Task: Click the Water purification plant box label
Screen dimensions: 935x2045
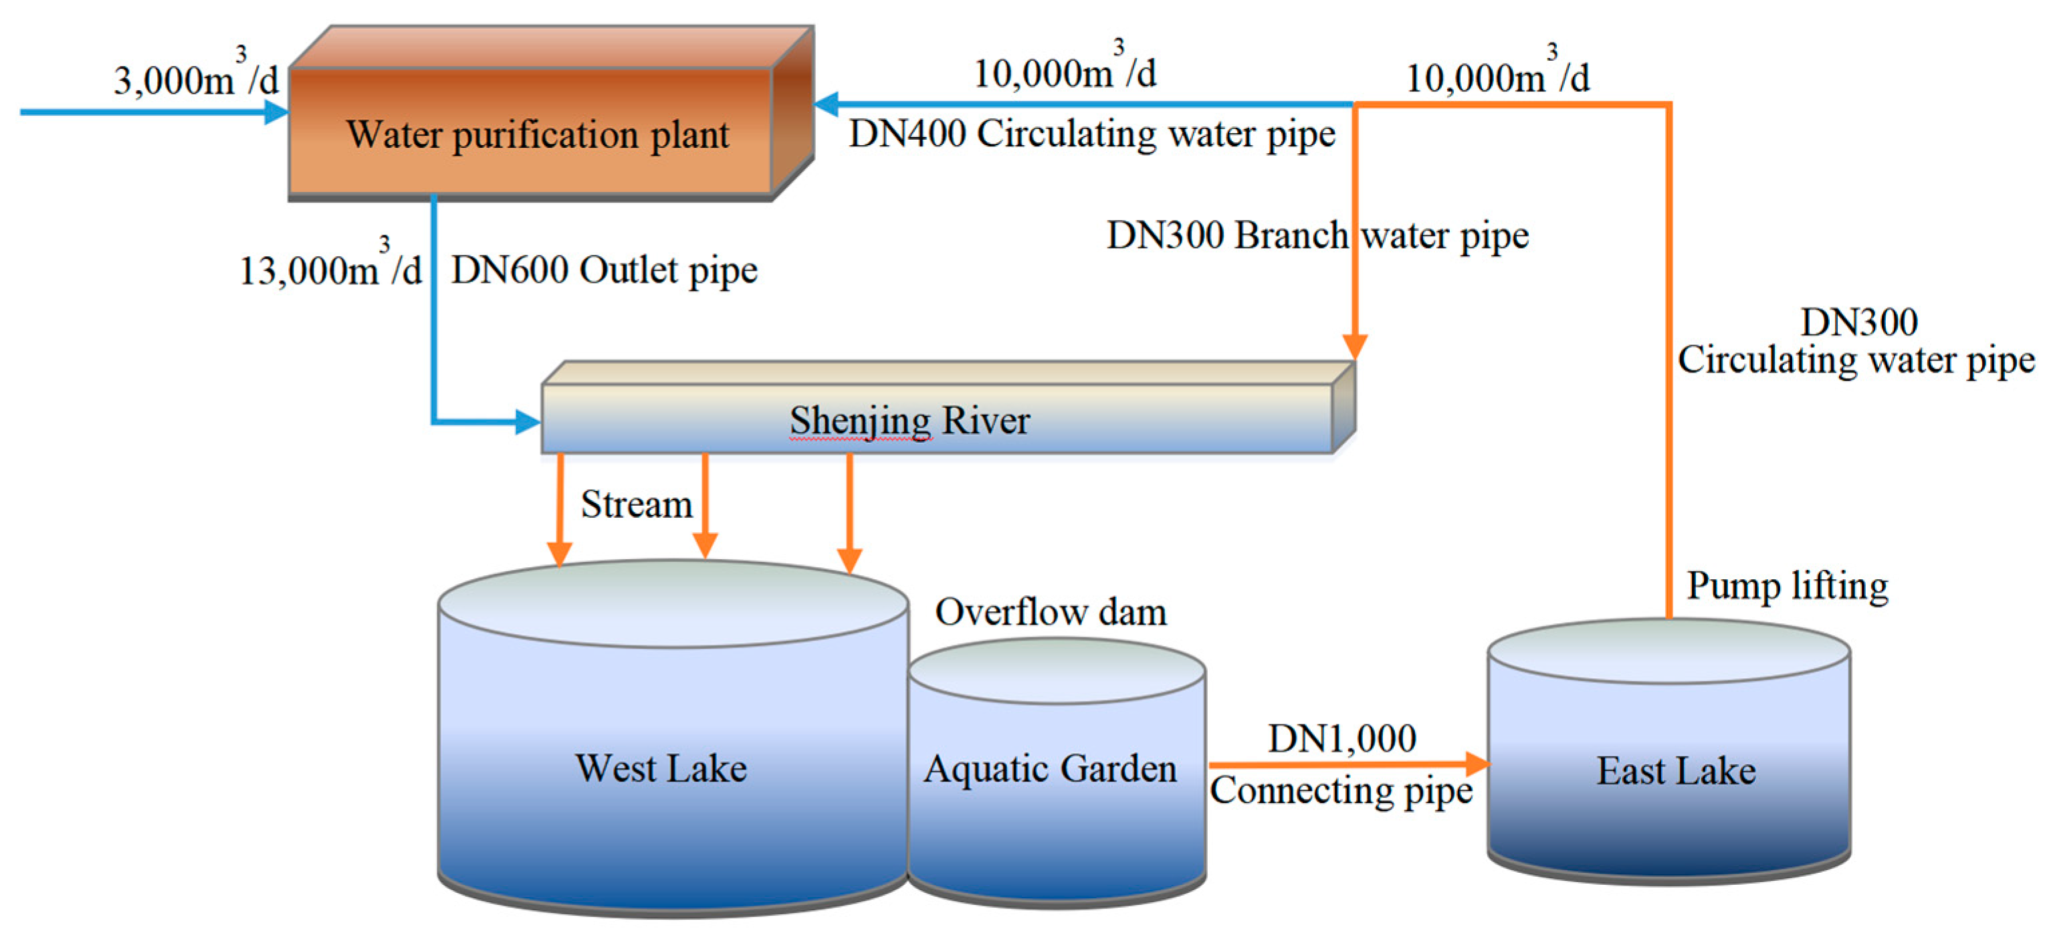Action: click(538, 134)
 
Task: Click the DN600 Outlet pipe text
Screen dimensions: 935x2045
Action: click(603, 270)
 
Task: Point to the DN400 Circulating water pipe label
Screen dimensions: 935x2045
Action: click(1091, 133)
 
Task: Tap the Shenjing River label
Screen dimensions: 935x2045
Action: click(909, 420)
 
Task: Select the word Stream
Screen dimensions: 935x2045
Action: click(636, 504)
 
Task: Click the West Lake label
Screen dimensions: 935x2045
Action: click(661, 768)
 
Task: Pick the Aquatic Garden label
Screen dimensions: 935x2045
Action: click(1049, 768)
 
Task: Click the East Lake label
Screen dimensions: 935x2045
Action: click(1675, 770)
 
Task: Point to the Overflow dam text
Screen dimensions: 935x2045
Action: click(1051, 612)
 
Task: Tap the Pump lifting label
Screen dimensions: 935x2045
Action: click(1786, 586)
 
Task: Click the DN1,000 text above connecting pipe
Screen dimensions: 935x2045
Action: click(1341, 738)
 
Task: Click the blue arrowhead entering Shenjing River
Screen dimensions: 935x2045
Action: click(527, 421)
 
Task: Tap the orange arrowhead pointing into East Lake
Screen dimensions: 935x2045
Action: click(1477, 764)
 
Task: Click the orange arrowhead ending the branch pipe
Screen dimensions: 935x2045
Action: click(1354, 346)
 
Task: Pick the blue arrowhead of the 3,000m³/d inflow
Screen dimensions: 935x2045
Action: click(276, 112)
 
